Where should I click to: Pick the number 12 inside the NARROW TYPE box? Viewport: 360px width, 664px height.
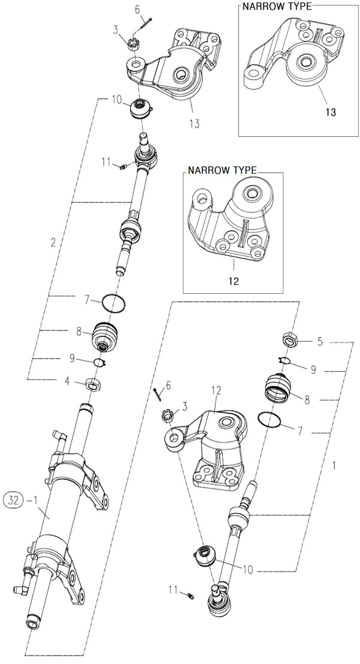coord(233,280)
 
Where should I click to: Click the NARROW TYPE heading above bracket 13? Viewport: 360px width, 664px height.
coord(277,7)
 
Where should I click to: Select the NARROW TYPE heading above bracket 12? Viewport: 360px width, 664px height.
coord(222,170)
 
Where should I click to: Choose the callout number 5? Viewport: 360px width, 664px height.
coord(319,342)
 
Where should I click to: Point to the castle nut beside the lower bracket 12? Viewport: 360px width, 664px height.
coord(169,414)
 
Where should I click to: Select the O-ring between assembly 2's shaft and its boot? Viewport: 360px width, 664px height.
coord(113,303)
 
